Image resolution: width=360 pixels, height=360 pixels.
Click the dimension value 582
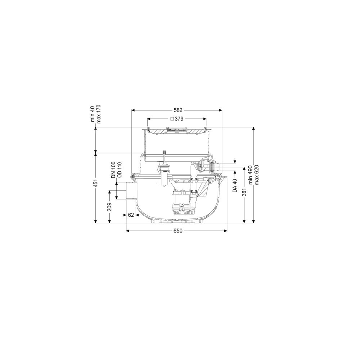178,110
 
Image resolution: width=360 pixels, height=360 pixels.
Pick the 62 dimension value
131,215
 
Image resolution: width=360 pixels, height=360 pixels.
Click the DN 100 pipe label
113,170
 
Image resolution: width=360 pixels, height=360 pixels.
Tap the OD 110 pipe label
120,170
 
